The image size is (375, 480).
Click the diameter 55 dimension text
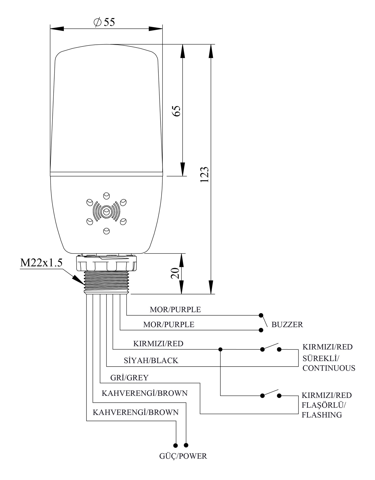click(104, 22)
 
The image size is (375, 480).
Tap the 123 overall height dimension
click(205, 174)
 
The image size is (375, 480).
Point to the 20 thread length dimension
click(175, 273)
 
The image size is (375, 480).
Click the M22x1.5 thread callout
click(41, 263)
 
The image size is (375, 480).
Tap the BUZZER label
click(287, 324)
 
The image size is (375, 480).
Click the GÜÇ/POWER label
click(183, 456)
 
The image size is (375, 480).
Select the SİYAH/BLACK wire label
click(151, 360)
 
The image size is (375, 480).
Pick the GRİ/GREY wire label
click(129, 377)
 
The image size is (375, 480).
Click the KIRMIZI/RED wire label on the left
click(158, 343)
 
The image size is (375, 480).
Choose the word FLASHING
click(322, 415)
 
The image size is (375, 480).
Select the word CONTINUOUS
click(329, 368)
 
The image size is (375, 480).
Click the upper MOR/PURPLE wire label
click(175, 309)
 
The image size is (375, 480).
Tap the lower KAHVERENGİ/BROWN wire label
click(136, 412)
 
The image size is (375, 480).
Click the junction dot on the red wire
click(220, 349)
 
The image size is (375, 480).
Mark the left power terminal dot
click(176, 445)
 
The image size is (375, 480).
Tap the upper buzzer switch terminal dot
click(261, 315)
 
